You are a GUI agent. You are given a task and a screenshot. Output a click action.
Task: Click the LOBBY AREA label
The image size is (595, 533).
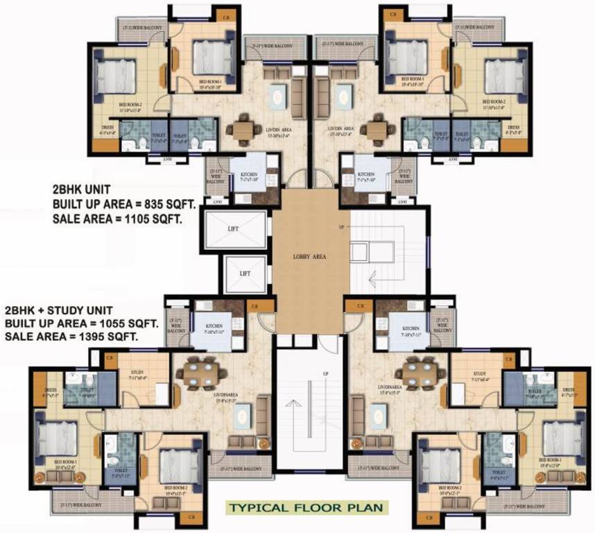point(309,256)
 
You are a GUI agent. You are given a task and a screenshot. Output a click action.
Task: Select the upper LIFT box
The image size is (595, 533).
point(235,228)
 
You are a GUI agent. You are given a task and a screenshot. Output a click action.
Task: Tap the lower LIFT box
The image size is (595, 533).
point(244,273)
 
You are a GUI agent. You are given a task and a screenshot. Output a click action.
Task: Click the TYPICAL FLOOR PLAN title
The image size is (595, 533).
point(307,507)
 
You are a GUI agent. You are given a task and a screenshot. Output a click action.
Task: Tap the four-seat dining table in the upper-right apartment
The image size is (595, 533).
point(377,129)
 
